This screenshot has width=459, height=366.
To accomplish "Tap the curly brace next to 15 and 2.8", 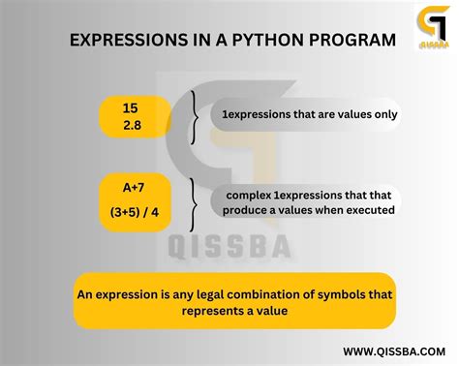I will [198, 115].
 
